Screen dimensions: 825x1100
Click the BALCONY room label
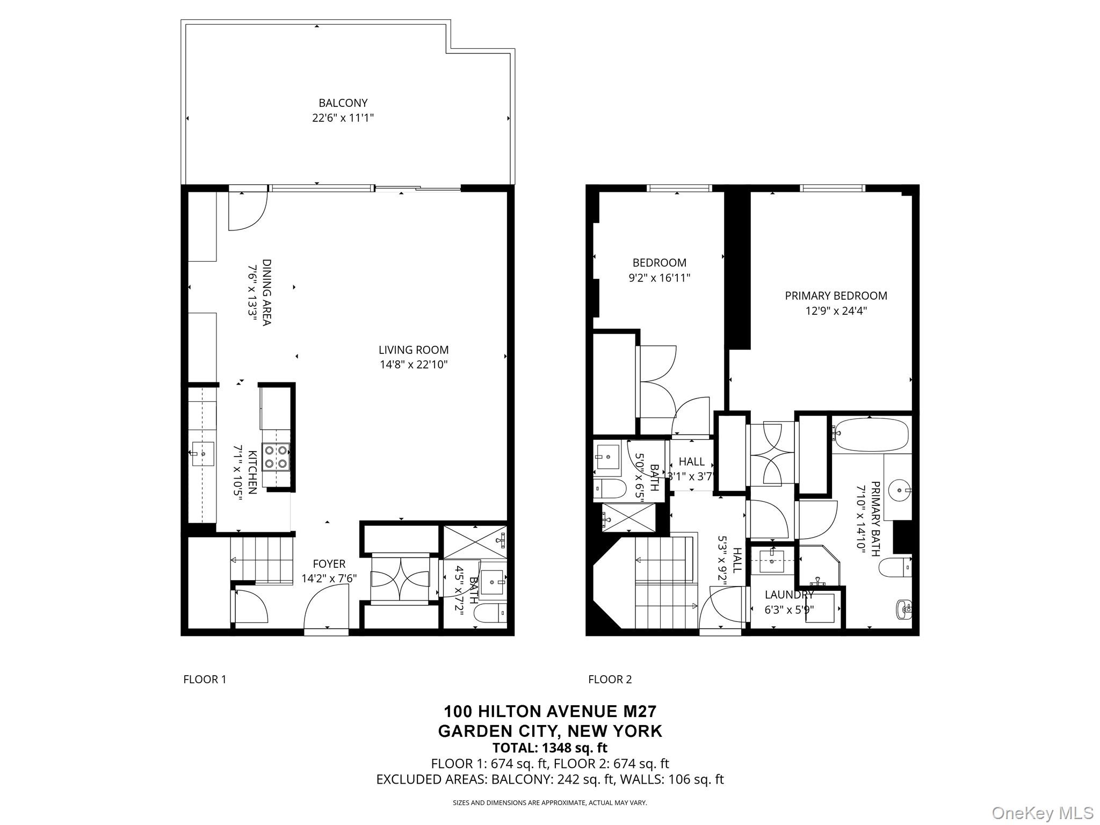click(343, 103)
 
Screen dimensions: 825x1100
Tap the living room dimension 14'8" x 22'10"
click(413, 365)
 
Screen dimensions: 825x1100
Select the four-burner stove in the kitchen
click(276, 457)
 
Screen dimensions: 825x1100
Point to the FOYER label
click(329, 564)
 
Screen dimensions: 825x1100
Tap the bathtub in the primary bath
click(870, 435)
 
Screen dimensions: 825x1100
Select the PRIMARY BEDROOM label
click(836, 295)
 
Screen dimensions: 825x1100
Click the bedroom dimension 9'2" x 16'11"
click(659, 278)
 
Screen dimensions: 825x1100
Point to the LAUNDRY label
click(789, 595)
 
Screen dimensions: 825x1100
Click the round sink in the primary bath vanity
click(899, 490)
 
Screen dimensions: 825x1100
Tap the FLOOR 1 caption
click(205, 679)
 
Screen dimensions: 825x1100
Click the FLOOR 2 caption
click(610, 679)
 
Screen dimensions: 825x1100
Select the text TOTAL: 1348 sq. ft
click(549, 748)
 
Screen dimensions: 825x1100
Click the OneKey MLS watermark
click(1042, 813)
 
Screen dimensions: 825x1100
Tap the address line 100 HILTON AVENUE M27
click(549, 712)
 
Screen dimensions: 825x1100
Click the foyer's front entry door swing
click(325, 607)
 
